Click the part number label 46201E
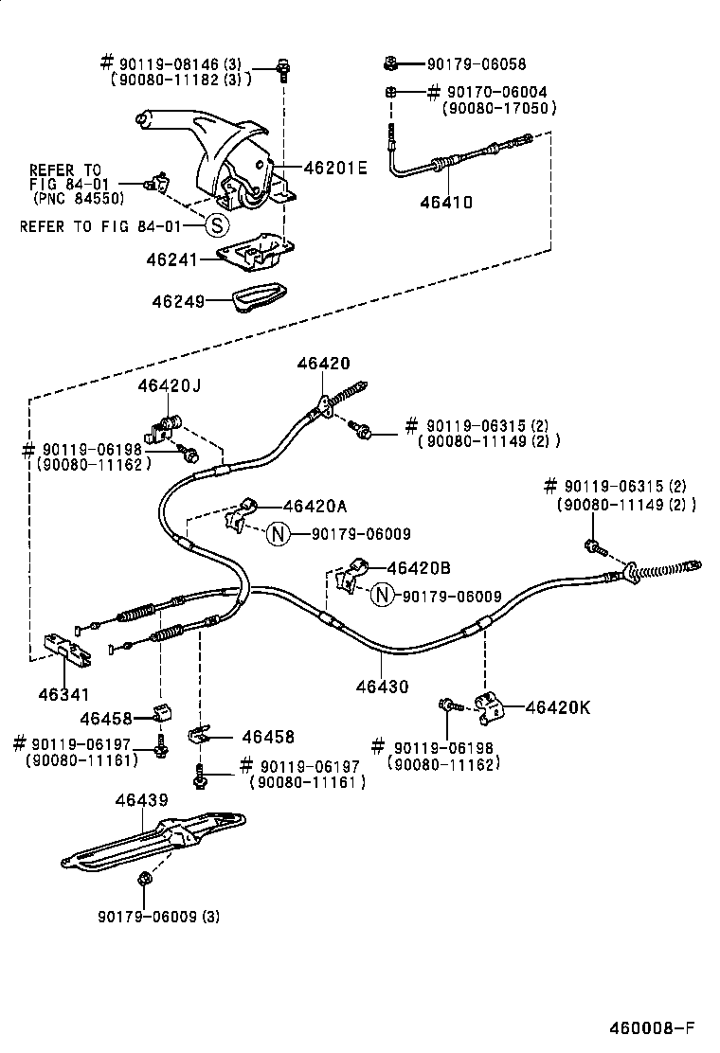tap(334, 169)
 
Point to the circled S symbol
tap(216, 225)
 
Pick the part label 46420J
tap(169, 385)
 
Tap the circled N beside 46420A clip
tap(276, 534)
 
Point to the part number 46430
tap(383, 687)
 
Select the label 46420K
tap(557, 706)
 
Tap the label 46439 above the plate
tap(141, 801)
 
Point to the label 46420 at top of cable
tap(323, 363)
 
